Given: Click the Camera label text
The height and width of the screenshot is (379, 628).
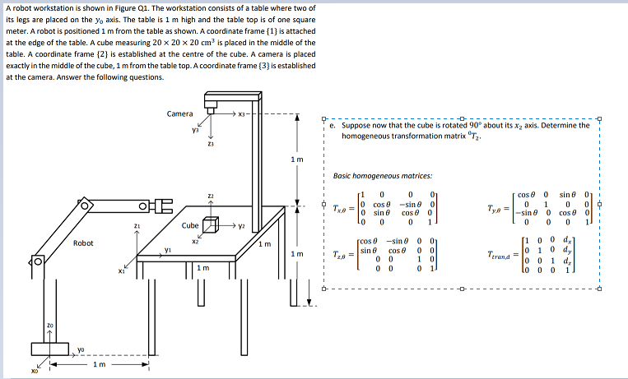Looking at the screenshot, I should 180,114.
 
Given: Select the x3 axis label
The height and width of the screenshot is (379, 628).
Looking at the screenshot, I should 243,114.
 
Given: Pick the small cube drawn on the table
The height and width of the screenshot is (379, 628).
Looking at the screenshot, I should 212,224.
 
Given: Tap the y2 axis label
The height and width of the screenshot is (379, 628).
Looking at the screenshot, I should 243,224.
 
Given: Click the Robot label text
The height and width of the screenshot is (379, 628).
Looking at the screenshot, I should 83,243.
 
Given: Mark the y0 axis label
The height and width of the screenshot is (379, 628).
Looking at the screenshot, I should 80,349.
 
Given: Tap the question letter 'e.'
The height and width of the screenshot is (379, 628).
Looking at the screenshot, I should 332,126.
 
